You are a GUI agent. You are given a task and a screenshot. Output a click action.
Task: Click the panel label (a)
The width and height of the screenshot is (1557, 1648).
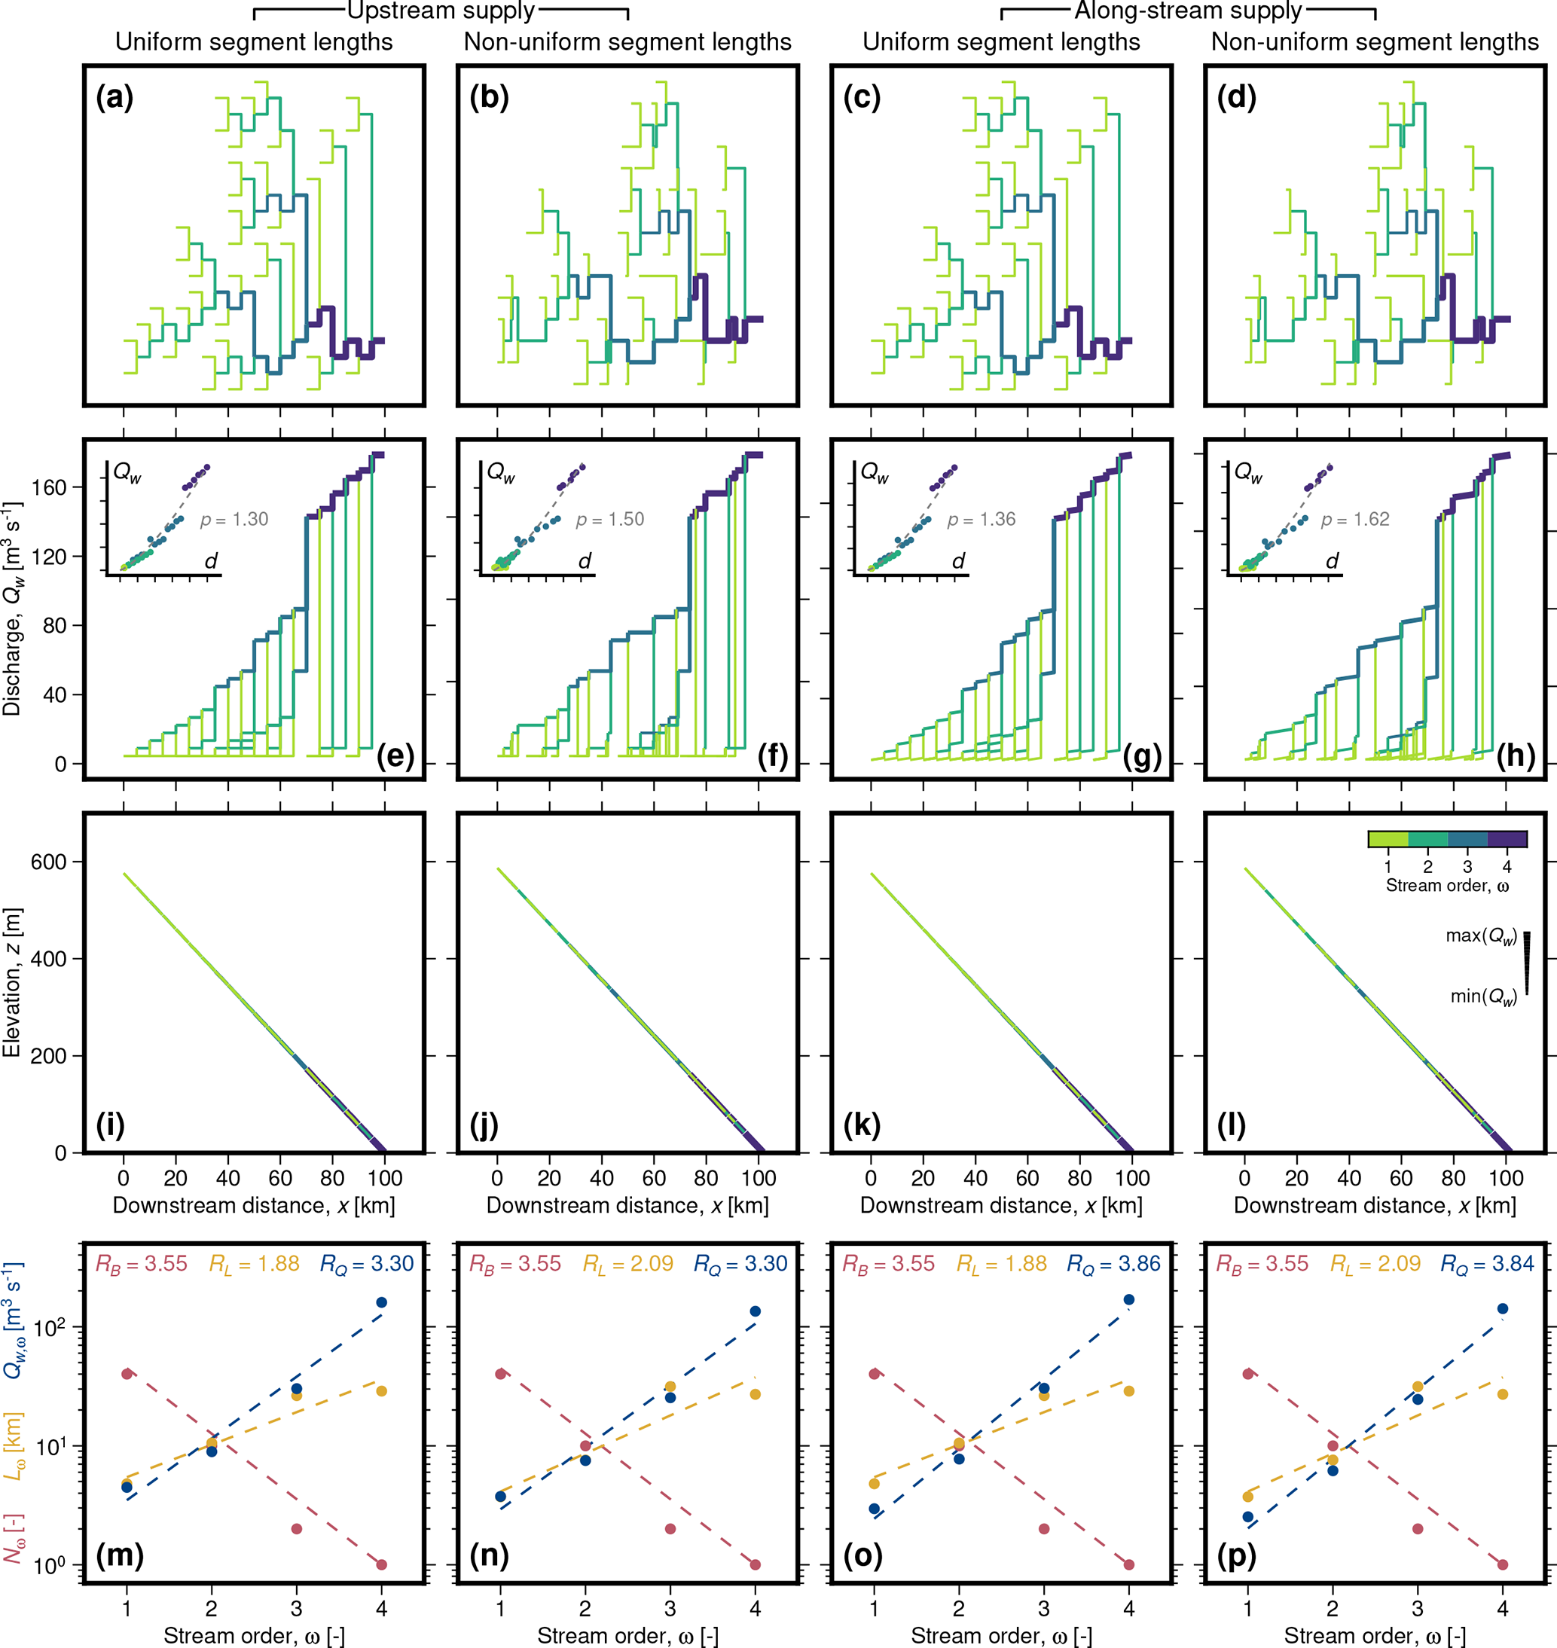(x=114, y=97)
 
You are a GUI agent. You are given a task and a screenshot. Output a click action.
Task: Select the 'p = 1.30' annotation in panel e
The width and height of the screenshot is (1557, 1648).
(x=234, y=520)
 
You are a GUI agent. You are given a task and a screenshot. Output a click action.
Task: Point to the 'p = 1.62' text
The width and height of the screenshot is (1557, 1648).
(x=1354, y=520)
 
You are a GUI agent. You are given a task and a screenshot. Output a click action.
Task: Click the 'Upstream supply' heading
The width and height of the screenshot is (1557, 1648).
(x=441, y=11)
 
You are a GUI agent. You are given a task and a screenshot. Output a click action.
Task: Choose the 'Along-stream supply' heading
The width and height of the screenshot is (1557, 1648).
(x=1188, y=11)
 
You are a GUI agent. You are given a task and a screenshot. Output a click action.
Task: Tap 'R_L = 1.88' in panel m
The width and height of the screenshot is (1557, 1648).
(x=254, y=1265)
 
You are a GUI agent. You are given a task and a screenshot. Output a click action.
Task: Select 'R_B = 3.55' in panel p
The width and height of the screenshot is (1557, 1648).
(x=1262, y=1265)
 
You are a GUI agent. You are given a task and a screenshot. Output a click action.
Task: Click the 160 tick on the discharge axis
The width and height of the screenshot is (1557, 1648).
(x=49, y=487)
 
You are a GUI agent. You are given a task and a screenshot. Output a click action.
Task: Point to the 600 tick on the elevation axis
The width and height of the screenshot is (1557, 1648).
(x=49, y=862)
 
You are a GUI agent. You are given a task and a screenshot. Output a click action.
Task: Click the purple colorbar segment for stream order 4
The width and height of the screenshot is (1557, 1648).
(x=1507, y=839)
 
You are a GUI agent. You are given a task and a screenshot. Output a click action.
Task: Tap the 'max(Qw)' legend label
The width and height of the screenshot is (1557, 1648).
(x=1481, y=936)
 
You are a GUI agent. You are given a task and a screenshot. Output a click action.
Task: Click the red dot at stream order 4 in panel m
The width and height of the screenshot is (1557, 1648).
(x=381, y=1565)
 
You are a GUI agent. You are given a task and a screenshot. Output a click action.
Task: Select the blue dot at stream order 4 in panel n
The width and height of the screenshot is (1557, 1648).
(x=756, y=1311)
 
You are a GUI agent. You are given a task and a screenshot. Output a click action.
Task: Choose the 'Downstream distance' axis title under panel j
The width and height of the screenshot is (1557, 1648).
(x=627, y=1206)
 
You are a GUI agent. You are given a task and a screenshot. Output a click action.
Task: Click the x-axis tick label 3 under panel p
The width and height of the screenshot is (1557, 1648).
(x=1418, y=1609)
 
